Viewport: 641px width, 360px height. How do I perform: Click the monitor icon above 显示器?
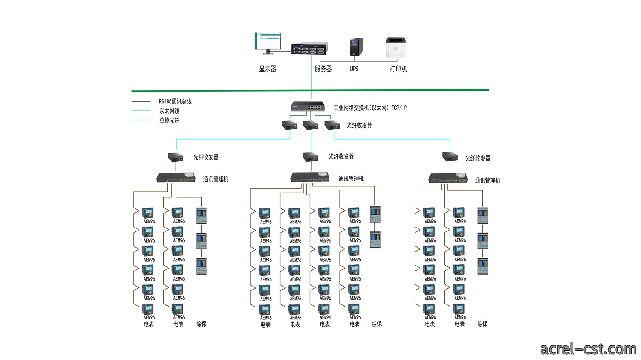(268, 43)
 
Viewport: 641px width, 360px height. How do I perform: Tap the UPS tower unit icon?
(356, 47)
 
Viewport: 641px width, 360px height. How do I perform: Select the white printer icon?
(396, 47)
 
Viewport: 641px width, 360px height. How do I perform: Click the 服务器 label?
(323, 69)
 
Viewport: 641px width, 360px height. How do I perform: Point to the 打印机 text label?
(398, 69)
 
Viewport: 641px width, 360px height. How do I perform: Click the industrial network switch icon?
(308, 106)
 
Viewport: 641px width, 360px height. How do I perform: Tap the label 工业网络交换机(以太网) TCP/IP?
(370, 108)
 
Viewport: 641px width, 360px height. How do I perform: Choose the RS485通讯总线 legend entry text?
(175, 101)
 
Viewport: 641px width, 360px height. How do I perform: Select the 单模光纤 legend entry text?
(169, 120)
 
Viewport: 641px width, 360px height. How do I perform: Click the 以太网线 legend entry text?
(169, 111)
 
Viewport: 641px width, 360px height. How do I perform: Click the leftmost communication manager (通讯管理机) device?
(176, 177)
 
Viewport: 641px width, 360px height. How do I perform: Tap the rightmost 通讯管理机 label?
(488, 181)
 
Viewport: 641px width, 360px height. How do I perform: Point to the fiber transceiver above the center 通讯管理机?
(310, 157)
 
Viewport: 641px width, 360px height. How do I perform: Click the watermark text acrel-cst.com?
(588, 349)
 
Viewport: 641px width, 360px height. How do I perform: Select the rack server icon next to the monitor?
(309, 48)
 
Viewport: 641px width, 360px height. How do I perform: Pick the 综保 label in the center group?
(376, 324)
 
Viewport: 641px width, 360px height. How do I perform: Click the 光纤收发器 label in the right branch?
(478, 158)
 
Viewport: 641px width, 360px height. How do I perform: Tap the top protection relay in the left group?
(201, 216)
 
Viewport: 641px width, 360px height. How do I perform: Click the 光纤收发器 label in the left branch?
(206, 157)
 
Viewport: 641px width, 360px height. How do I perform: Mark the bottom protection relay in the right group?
(483, 266)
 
